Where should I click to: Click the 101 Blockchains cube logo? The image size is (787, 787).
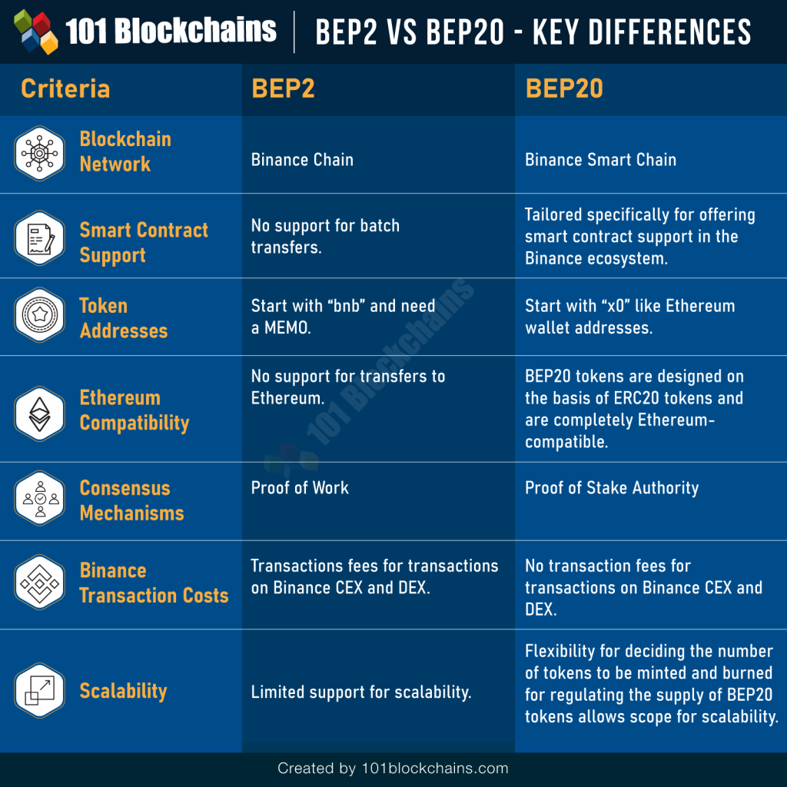point(36,32)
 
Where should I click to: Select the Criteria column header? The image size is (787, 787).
point(65,88)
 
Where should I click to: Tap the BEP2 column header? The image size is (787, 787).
point(283,88)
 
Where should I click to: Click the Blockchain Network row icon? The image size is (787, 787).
point(40,153)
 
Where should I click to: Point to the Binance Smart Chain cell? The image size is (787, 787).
point(600,160)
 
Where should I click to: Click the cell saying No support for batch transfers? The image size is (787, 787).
point(325,237)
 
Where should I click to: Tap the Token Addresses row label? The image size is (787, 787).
point(123,317)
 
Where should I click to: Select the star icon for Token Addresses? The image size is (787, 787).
point(40,315)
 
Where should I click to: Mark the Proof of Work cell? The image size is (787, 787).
point(300,487)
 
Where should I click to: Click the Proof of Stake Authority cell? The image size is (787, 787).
point(611,487)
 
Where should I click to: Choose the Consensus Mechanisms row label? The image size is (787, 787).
point(131,500)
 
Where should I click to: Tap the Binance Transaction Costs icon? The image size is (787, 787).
point(40,583)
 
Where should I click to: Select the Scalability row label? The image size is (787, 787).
point(123,690)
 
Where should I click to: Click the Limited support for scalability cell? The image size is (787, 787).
point(360,692)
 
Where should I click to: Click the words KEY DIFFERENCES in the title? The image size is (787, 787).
point(643,32)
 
